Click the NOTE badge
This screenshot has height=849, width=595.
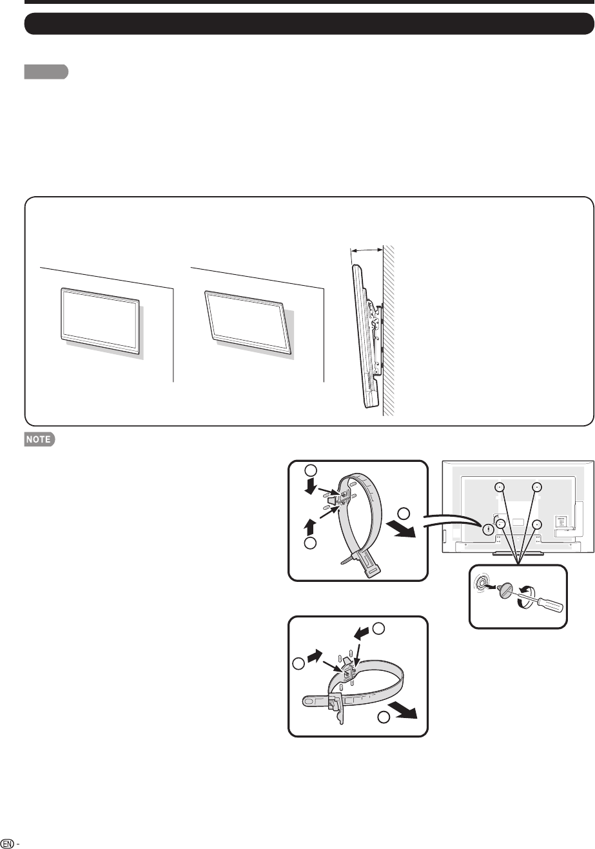39,439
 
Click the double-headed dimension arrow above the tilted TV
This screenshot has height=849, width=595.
366,250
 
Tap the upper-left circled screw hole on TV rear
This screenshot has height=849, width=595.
500,487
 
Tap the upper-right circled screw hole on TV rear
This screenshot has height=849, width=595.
536,487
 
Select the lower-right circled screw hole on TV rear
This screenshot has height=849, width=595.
536,524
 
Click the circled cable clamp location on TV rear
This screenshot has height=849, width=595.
488,529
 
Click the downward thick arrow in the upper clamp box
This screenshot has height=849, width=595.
311,486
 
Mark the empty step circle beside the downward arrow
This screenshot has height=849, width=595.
311,470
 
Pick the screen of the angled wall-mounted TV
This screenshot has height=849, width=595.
248,321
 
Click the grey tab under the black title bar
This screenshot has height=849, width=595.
46,72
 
